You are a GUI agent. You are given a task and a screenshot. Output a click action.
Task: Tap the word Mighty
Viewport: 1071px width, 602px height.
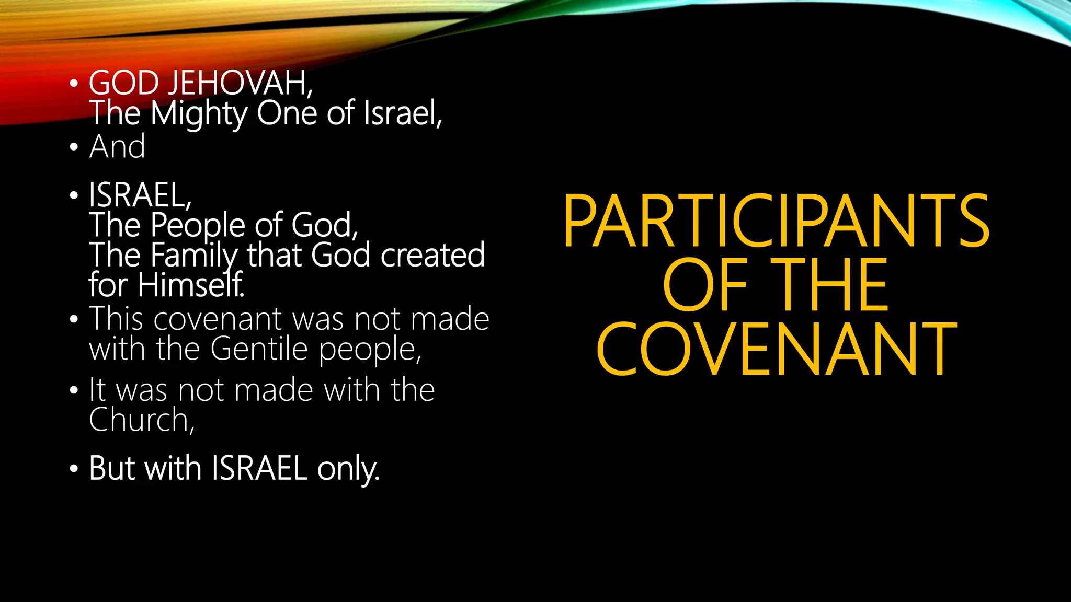click(199, 114)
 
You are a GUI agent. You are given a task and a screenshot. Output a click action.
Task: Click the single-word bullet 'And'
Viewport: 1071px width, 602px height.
click(117, 146)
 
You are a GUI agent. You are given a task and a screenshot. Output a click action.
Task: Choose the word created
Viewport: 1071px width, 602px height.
click(432, 255)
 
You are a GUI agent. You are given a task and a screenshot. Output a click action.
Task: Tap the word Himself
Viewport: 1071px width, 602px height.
click(191, 285)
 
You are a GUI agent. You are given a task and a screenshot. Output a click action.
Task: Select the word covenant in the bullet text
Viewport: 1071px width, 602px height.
click(218, 319)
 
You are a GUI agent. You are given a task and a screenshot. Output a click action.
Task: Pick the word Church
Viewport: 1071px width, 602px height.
click(141, 420)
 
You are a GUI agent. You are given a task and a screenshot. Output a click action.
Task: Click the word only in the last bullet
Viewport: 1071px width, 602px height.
click(348, 468)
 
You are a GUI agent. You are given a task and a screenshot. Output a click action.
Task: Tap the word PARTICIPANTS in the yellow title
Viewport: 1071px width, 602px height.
click(776, 221)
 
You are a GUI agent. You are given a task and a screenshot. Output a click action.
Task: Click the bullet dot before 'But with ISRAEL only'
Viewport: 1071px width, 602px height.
click(74, 469)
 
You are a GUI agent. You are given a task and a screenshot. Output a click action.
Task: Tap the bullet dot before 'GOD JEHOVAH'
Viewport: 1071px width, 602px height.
click(74, 84)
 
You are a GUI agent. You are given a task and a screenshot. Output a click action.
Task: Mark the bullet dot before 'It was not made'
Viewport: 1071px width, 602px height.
click(74, 390)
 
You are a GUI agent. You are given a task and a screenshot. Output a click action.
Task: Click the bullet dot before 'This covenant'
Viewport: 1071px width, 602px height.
click(74, 319)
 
